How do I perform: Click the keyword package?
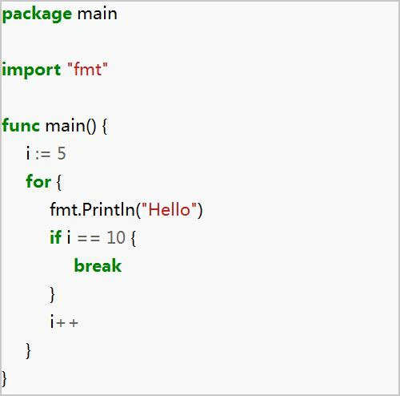tap(37, 14)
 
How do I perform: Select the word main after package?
tap(98, 14)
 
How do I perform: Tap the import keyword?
tap(31, 70)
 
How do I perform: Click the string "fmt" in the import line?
tap(88, 69)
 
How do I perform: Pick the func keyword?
tap(21, 125)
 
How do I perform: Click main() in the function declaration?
tap(70, 126)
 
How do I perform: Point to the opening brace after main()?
tap(105, 126)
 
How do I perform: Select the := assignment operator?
tap(42, 154)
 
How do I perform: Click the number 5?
tap(62, 153)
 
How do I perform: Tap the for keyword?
tap(38, 181)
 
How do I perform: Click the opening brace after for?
tap(58, 182)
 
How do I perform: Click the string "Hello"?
tap(169, 209)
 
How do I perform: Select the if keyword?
tap(55, 237)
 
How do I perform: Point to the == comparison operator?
tap(89, 238)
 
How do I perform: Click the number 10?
tap(116, 237)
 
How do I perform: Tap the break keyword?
tap(98, 265)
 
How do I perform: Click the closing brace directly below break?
tap(53, 294)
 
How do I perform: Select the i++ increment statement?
tap(64, 321)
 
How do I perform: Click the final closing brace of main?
tap(4, 378)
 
